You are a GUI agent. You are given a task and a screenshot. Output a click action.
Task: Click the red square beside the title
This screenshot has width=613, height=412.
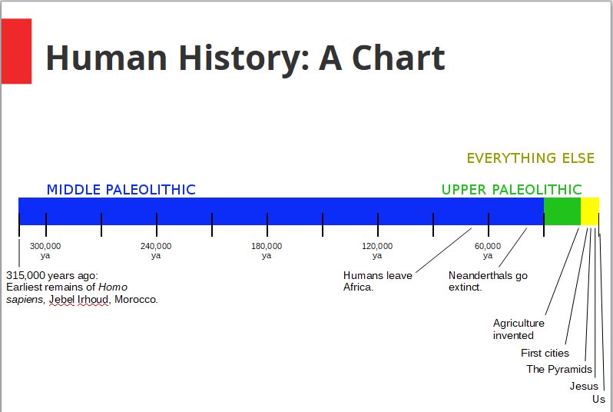pyautogui.click(x=16, y=51)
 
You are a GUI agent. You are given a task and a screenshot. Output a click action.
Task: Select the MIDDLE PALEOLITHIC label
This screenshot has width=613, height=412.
pyautogui.click(x=121, y=190)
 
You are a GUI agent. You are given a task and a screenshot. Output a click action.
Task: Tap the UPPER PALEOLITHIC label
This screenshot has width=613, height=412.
pyautogui.click(x=511, y=190)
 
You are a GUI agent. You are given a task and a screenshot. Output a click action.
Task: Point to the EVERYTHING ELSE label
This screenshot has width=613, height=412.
pyautogui.click(x=530, y=158)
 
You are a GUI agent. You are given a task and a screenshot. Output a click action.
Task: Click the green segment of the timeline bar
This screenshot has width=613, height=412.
pyautogui.click(x=562, y=211)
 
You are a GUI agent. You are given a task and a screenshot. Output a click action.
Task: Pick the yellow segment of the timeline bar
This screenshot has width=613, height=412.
pyautogui.click(x=589, y=211)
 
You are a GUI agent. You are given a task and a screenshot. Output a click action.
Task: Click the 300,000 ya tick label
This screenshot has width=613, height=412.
pyautogui.click(x=45, y=251)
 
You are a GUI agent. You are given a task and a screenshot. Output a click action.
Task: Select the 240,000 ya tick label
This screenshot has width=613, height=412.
pyautogui.click(x=156, y=251)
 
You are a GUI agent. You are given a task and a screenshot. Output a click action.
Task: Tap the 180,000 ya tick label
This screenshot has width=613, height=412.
pyautogui.click(x=267, y=251)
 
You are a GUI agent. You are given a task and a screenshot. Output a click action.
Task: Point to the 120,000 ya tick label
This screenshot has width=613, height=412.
pyautogui.click(x=377, y=251)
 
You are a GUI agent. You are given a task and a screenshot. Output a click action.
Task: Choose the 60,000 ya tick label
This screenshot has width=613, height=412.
pyautogui.click(x=488, y=251)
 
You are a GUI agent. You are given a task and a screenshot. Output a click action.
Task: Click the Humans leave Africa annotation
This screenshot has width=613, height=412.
pyautogui.click(x=377, y=281)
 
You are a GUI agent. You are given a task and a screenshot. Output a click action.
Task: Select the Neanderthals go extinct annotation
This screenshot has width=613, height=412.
pyautogui.click(x=488, y=281)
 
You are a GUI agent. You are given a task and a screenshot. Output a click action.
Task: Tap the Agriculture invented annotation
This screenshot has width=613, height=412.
pyautogui.click(x=519, y=329)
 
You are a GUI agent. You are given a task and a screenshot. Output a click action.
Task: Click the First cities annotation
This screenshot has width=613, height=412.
pyautogui.click(x=545, y=354)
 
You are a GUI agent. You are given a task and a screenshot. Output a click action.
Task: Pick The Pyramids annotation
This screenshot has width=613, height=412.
pyautogui.click(x=559, y=370)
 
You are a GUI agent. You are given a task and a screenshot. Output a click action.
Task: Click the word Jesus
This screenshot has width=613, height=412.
pyautogui.click(x=584, y=386)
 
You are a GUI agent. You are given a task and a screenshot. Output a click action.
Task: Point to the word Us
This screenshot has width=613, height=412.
pyautogui.click(x=598, y=400)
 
